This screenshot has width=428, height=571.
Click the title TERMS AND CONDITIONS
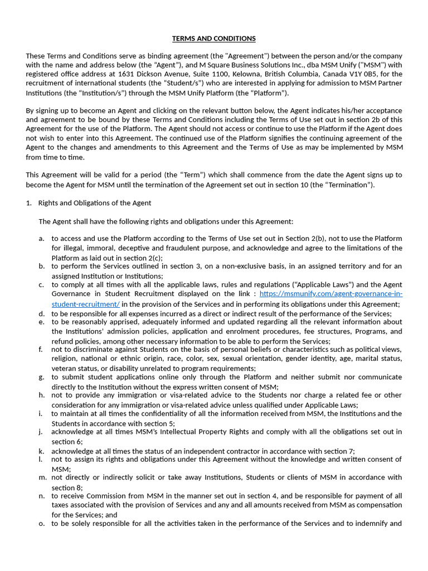pos(214,38)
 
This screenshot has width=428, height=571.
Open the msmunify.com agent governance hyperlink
pos(330,294)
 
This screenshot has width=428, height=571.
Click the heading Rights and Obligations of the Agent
pos(95,203)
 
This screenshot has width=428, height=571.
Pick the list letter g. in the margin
pos(42,378)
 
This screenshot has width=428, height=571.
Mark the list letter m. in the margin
pos(43,477)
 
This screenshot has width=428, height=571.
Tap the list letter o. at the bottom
pos(42,524)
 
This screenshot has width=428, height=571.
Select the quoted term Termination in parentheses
pos(349,185)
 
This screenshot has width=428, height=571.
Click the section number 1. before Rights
pos(29,203)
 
